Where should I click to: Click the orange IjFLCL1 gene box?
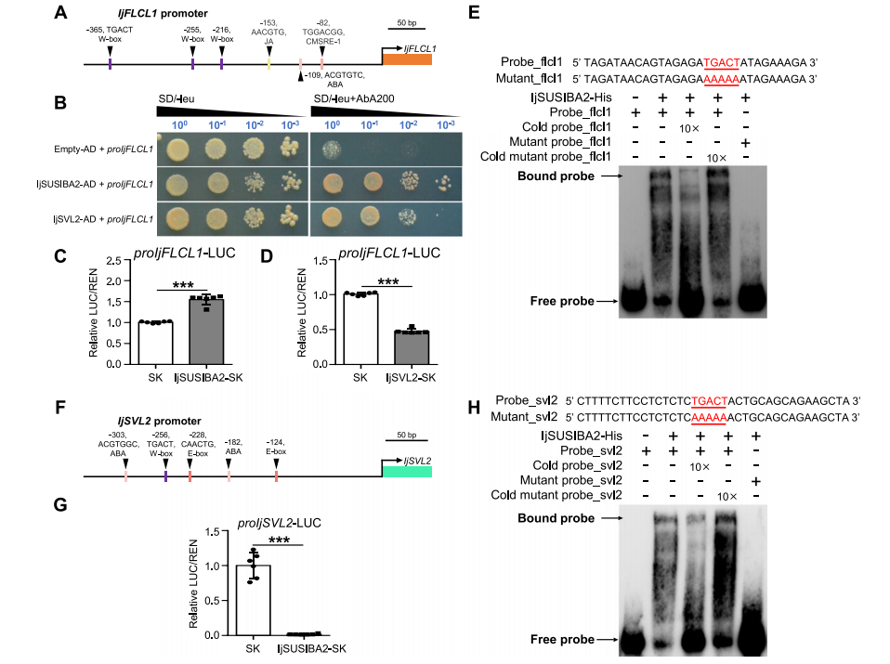click(x=407, y=59)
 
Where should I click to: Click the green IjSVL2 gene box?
click(x=407, y=473)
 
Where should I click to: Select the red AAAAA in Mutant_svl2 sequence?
click(x=710, y=417)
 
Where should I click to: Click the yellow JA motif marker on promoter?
click(x=268, y=63)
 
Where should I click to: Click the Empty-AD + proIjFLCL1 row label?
click(x=102, y=149)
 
